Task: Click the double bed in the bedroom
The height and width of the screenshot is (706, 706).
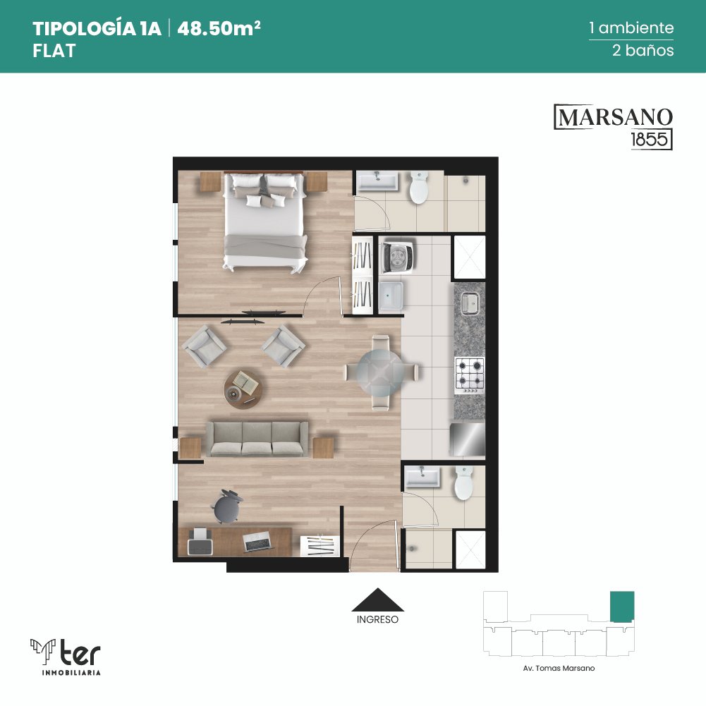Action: point(266,222)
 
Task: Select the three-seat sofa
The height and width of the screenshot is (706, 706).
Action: point(257,439)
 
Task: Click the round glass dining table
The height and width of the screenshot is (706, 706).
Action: point(381,372)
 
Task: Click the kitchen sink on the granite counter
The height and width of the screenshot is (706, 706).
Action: point(470,303)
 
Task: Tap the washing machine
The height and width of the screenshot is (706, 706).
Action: point(398,257)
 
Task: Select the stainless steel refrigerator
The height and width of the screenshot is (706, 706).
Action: point(468,439)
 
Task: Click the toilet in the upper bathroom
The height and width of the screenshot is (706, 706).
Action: point(419,188)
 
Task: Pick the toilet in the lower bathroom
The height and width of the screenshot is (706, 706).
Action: point(464,483)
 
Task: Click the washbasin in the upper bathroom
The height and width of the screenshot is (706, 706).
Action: point(377,181)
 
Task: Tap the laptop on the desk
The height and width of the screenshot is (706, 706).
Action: point(257,541)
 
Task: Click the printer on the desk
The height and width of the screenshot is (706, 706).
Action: point(200,542)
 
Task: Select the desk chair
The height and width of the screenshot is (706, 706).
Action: point(227,507)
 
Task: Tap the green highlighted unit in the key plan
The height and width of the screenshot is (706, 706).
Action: point(622,607)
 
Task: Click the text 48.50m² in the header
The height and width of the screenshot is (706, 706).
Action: point(219,28)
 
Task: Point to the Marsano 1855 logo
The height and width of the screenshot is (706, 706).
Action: point(613,127)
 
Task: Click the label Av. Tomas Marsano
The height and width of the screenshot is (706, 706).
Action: point(559,668)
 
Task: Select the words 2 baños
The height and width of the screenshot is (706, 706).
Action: point(643,50)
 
